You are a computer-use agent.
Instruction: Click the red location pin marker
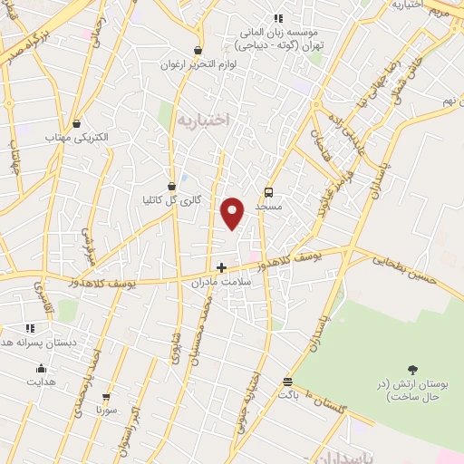pos(233,212)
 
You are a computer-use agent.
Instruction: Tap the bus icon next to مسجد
pos(268,192)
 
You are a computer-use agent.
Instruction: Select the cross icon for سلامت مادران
pos(221,267)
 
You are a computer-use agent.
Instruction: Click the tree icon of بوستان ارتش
pos(413,369)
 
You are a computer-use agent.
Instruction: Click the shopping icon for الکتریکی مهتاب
pos(76,123)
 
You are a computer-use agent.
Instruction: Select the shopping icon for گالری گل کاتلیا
pos(172,186)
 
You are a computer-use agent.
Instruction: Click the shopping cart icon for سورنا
pos(106,397)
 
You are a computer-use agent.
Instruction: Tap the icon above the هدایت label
pos(41,368)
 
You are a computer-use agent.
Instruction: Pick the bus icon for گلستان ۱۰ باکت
pos(287,382)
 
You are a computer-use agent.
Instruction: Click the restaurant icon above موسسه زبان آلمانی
pos(278,17)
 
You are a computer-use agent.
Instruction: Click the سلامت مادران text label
pos(213,283)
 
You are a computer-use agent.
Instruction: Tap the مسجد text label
pos(268,207)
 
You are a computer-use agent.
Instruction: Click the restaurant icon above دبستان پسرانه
pos(30,328)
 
